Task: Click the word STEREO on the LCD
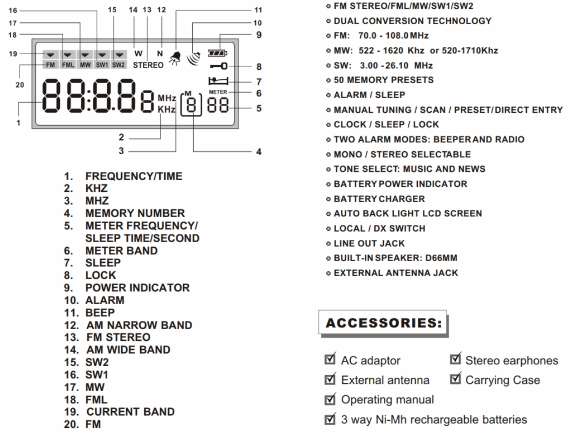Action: (148, 65)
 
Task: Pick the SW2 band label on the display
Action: (118, 65)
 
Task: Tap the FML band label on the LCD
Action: (68, 65)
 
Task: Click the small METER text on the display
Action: (217, 92)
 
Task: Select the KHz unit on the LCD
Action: (166, 109)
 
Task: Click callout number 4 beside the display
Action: (259, 151)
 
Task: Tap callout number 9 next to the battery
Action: (259, 35)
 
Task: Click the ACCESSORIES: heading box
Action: (383, 323)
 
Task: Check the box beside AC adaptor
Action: (330, 360)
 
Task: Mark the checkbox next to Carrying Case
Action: (455, 379)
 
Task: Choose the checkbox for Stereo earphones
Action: (455, 360)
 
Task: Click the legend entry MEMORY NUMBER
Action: (135, 213)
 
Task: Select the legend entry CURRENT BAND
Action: (130, 412)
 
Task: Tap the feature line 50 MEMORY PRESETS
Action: (383, 80)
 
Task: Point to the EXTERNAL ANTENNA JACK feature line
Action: (395, 273)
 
